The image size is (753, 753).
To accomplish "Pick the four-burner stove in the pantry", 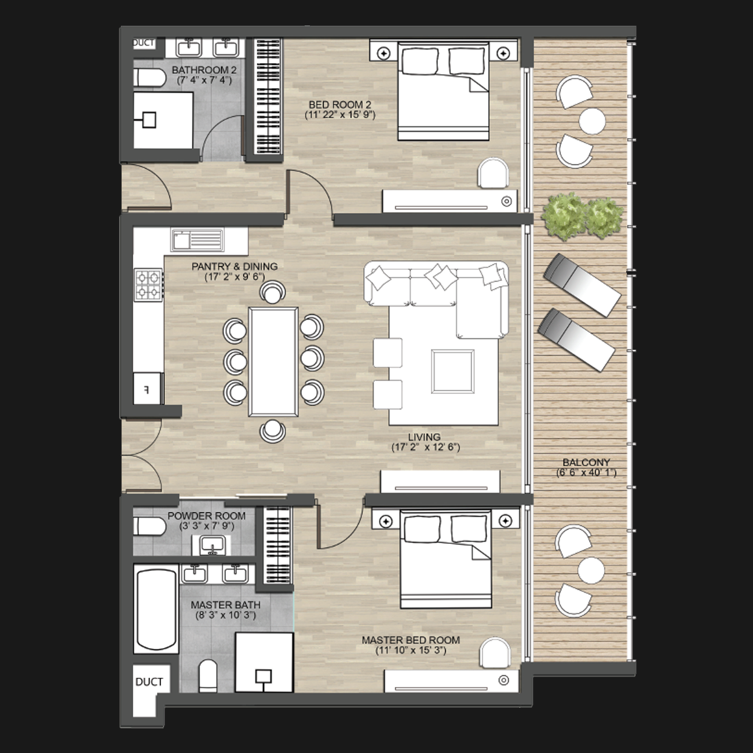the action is tap(148, 285).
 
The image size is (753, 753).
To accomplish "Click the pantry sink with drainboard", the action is tap(198, 240).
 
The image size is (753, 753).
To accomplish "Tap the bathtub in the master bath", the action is tap(156, 612).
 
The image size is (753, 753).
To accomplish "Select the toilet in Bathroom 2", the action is tap(149, 78).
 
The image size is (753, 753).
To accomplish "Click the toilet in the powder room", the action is tap(149, 527).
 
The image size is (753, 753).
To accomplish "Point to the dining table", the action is tap(273, 362).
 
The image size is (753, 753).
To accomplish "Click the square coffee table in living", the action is tap(453, 371).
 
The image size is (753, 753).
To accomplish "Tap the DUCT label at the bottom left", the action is tap(149, 682).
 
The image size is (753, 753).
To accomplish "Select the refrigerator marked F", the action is tap(147, 389).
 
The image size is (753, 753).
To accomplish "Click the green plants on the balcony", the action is tap(582, 215).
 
